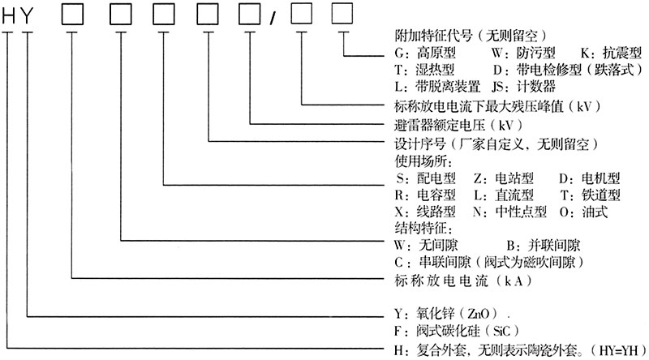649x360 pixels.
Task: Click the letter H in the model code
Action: click(x=10, y=15)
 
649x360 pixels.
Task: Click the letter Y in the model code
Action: click(x=28, y=15)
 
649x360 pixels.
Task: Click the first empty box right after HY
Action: click(x=75, y=15)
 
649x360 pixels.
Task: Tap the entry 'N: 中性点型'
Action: click(x=509, y=212)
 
